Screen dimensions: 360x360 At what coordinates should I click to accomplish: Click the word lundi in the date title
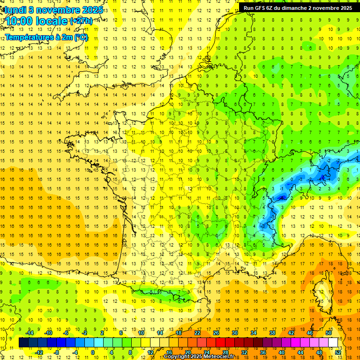[15, 9]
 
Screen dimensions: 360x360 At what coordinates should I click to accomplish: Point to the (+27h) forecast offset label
[81, 21]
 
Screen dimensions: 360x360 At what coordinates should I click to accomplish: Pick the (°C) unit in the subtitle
[81, 37]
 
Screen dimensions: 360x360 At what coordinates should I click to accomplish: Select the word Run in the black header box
[248, 8]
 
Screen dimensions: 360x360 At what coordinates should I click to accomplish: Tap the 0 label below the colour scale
[93, 352]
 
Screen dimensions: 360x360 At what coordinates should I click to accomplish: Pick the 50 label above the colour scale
[329, 333]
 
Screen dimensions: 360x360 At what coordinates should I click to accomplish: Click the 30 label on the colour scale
[235, 333]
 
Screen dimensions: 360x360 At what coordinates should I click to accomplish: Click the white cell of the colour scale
[333, 343]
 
